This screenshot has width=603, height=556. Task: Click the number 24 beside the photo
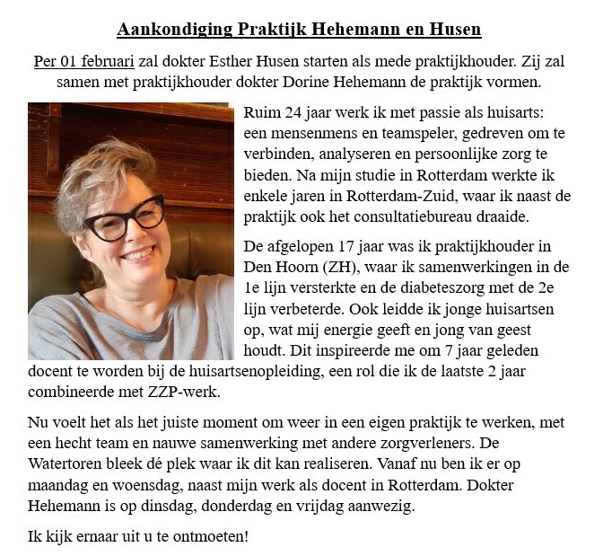click(x=290, y=113)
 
